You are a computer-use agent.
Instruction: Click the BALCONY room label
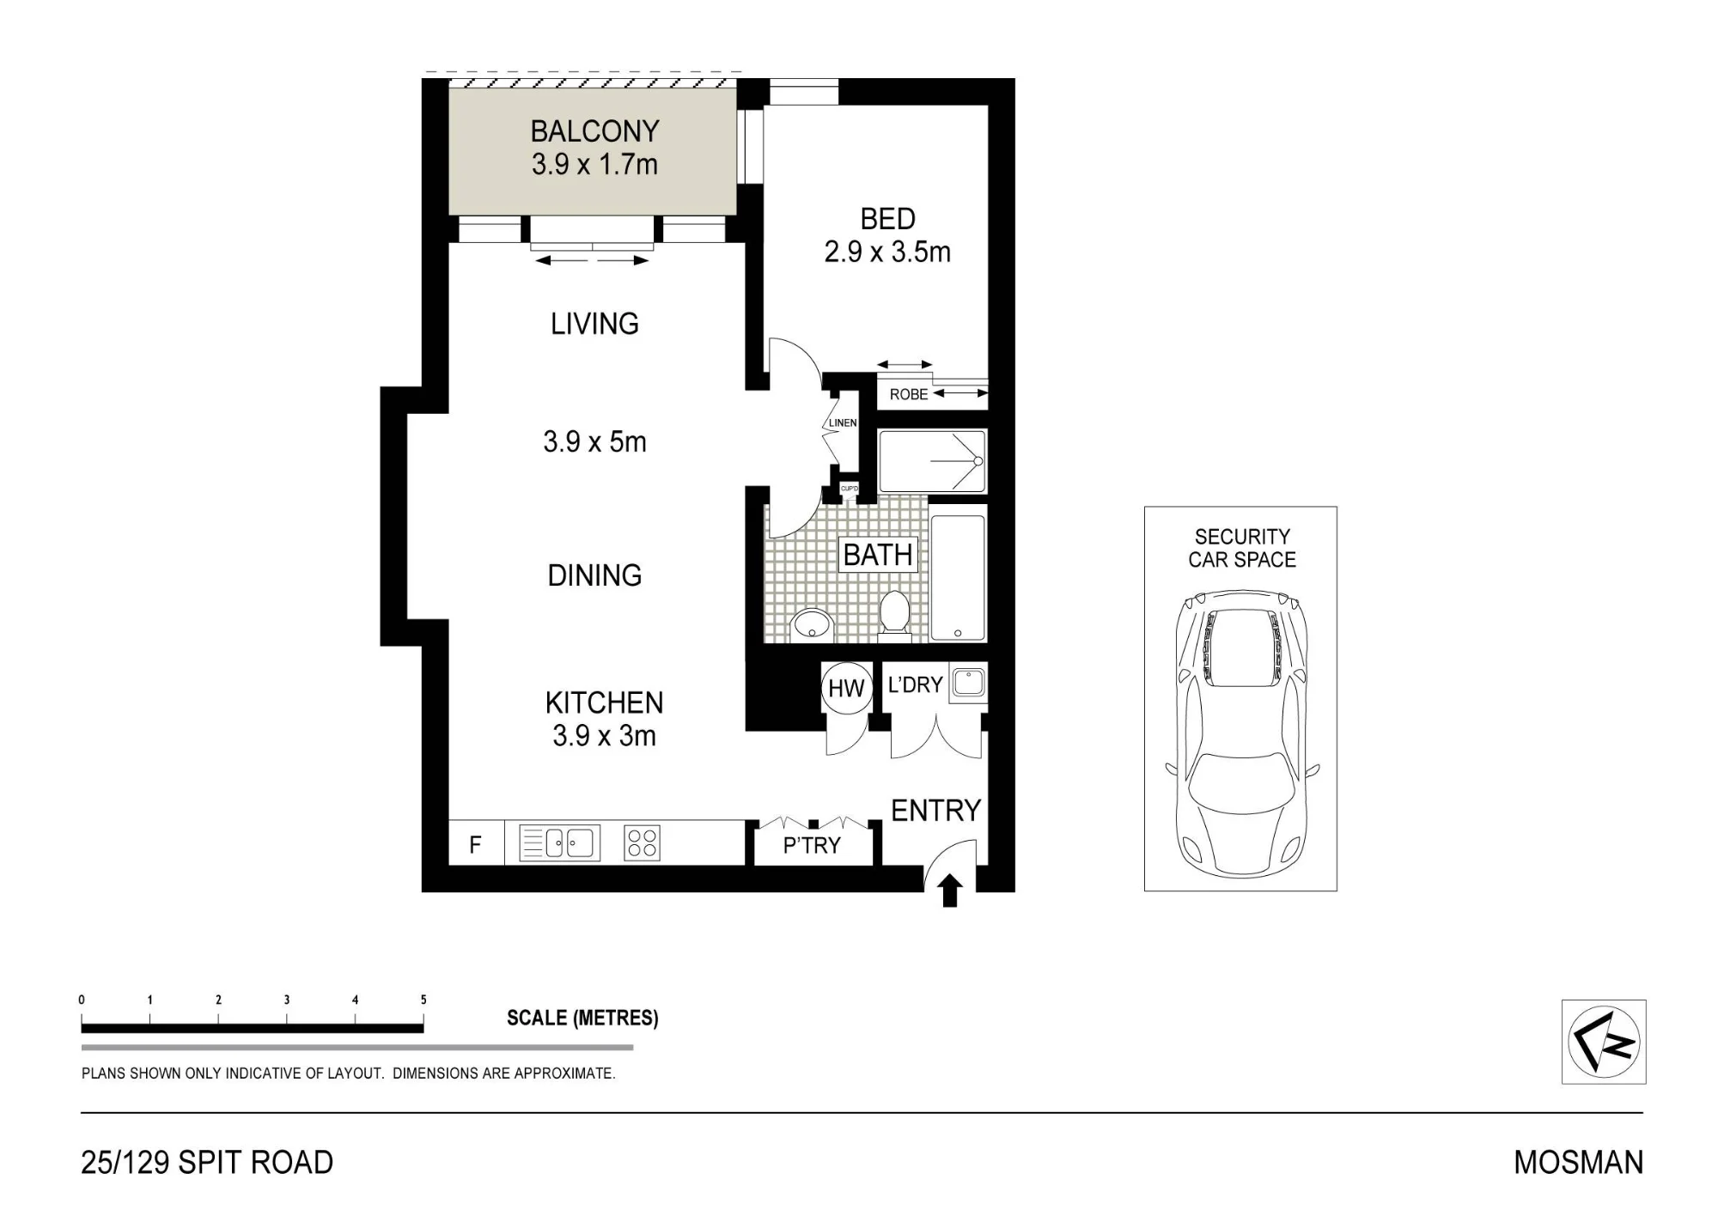point(594,131)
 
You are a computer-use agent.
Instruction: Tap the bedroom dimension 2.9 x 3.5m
point(887,252)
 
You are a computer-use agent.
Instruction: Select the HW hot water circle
point(846,688)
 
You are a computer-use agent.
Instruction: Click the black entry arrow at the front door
point(950,891)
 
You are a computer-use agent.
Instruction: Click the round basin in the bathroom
point(811,624)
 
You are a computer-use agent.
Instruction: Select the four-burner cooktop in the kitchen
point(642,842)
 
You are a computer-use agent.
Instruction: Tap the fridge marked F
point(475,844)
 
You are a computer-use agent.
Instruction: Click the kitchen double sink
point(559,843)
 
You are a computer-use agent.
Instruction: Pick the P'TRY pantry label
point(812,846)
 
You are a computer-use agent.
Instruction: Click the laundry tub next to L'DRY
point(969,684)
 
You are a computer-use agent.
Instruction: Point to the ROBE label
point(909,395)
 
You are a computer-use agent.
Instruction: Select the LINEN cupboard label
point(843,423)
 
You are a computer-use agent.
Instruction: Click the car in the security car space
point(1241,733)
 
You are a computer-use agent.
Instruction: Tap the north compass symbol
point(1604,1042)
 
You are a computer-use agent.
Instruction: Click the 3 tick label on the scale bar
point(287,1000)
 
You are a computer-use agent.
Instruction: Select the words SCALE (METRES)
point(582,1018)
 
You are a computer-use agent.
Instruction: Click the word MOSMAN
point(1579,1163)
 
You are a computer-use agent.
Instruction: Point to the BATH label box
point(878,555)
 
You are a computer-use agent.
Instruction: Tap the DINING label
point(594,575)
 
